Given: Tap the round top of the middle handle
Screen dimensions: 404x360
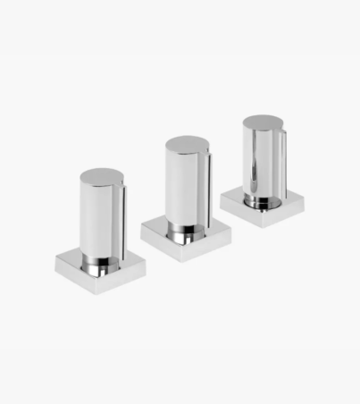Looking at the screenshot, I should point(186,143).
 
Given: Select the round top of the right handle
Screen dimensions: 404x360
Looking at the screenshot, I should point(262,122).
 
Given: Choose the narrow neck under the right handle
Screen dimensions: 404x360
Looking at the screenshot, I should point(262,200).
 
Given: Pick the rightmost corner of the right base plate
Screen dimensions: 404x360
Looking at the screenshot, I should point(304,203).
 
